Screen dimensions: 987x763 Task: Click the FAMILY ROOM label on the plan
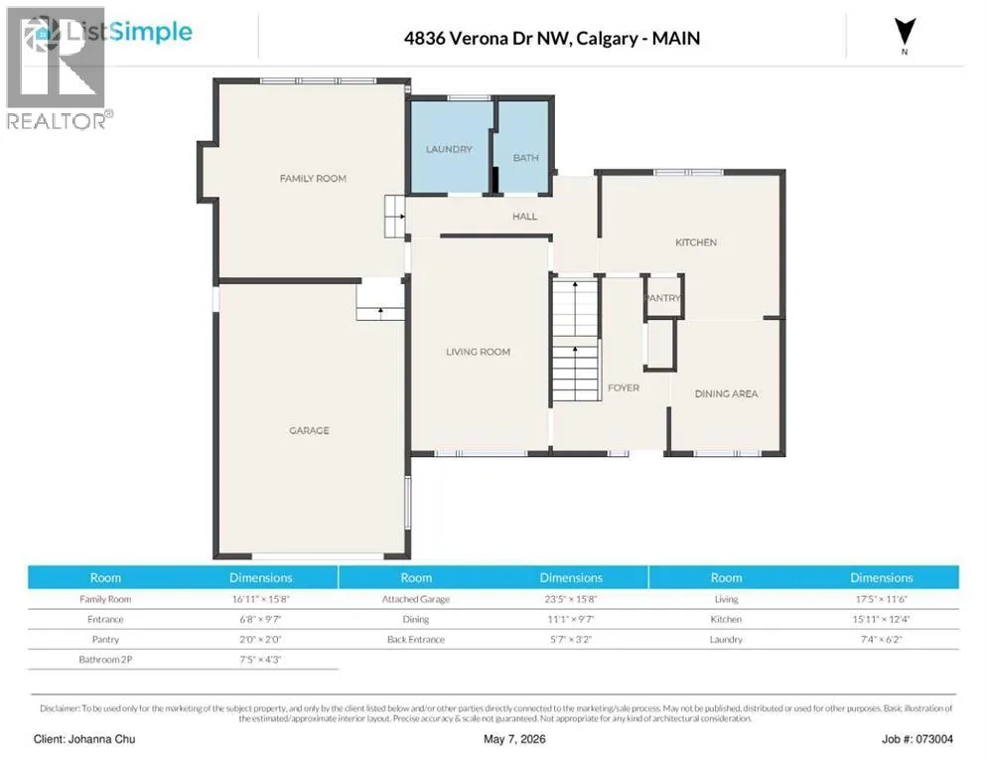coord(313,178)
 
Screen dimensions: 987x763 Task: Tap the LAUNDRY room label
coord(449,149)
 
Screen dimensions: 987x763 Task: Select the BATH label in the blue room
coord(525,158)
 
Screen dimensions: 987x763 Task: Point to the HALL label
coord(525,217)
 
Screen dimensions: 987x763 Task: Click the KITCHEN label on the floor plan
coord(695,242)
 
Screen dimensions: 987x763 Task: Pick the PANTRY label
coord(663,298)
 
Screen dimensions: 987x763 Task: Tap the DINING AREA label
coord(726,393)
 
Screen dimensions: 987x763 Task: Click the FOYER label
coord(624,388)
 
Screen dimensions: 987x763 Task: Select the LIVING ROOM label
coord(478,353)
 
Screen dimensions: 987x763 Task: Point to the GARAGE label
coord(309,431)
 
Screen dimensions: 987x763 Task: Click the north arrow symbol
coord(905,32)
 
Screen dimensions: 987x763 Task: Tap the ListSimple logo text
coord(129,32)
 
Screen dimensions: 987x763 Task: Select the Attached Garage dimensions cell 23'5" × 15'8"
coord(571,599)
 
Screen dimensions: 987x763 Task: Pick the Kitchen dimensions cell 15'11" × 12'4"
coord(881,619)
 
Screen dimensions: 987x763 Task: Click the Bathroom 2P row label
coord(105,660)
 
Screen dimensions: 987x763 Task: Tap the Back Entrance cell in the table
coord(415,640)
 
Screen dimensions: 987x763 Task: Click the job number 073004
coord(934,739)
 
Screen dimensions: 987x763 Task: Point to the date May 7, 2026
coord(514,739)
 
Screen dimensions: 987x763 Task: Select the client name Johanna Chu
coord(101,739)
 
